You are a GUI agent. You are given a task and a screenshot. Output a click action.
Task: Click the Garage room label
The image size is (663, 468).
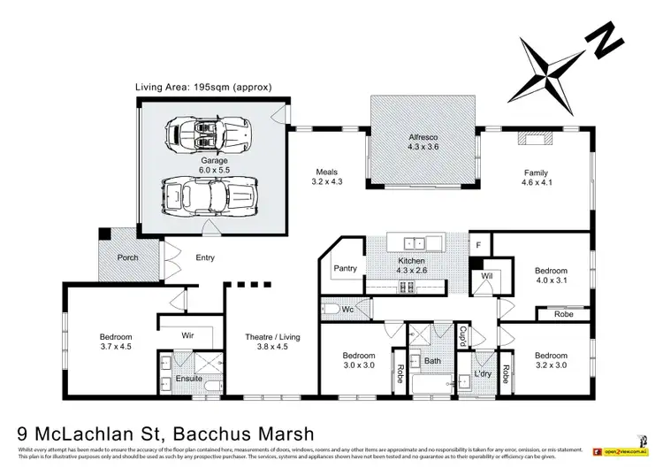(x=202, y=162)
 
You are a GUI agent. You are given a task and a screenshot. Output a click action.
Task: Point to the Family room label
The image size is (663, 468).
(x=536, y=173)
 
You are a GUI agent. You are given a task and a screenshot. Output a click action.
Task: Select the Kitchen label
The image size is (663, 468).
(x=411, y=262)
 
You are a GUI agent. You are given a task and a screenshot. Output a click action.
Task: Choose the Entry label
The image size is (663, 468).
(x=205, y=257)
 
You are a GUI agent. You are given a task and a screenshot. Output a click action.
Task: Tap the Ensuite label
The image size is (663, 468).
(x=188, y=379)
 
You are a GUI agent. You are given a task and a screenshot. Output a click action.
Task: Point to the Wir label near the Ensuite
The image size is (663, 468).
(x=187, y=335)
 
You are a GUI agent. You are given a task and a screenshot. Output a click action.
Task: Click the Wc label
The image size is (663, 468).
(x=347, y=310)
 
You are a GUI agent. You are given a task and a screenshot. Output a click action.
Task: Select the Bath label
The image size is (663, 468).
(x=431, y=361)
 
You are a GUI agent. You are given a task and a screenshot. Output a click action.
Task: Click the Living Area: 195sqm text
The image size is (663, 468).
(x=202, y=87)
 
